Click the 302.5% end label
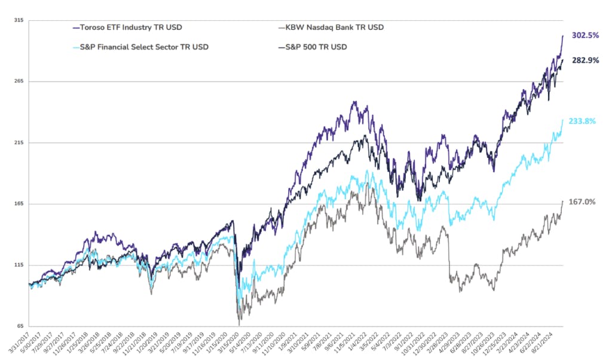tap(585, 35)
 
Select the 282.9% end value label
tap(585, 60)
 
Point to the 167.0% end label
tap(582, 202)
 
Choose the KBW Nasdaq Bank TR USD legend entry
tap(332, 28)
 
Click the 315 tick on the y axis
tap(19, 20)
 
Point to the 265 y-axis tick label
tap(19, 81)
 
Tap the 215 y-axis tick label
tap(19, 143)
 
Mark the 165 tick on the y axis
tap(19, 204)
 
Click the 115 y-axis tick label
tap(19, 266)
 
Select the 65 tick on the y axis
tap(20, 327)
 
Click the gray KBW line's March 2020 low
tap(240, 325)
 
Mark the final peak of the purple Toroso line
tap(563, 36)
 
